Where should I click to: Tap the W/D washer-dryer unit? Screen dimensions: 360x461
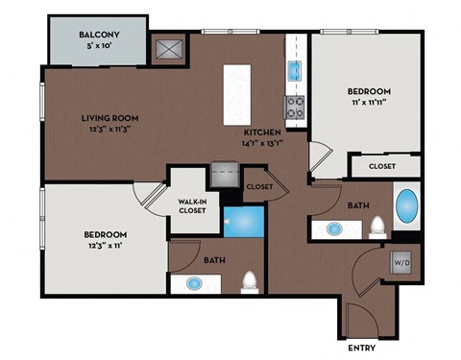[400, 261]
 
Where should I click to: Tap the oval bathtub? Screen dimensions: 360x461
[407, 205]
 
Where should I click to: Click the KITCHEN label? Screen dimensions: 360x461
[261, 132]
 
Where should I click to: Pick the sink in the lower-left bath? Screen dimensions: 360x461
[195, 283]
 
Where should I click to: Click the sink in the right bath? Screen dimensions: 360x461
[335, 229]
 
